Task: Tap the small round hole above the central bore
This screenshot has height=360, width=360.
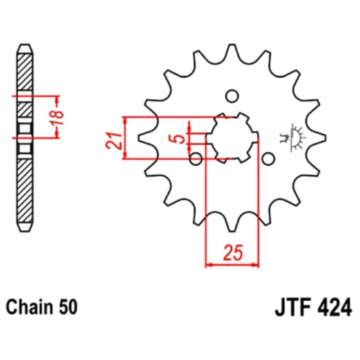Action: pyautogui.click(x=232, y=96)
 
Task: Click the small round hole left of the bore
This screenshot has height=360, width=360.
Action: pyautogui.click(x=196, y=159)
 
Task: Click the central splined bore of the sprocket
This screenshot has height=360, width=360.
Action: pyautogui.click(x=232, y=137)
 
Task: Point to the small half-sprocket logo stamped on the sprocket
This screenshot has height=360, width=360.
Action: pyautogui.click(x=294, y=137)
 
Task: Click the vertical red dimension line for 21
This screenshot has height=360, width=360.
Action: pyautogui.click(x=124, y=138)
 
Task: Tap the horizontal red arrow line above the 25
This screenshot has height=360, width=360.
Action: pyautogui.click(x=231, y=263)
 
